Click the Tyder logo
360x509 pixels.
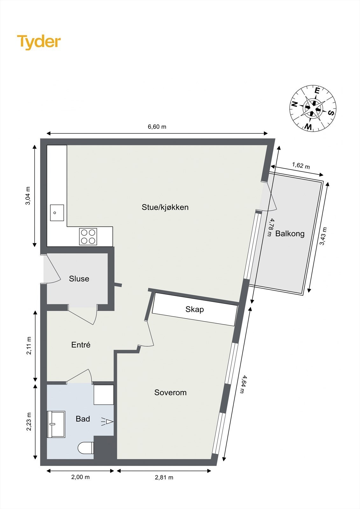point(39,42)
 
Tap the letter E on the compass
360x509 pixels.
point(317,91)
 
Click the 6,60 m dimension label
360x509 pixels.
point(157,127)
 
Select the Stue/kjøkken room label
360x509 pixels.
point(165,207)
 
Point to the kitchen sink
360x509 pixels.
point(57,213)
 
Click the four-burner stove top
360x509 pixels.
point(88,237)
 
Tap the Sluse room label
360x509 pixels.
point(79,279)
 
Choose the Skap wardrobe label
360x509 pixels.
point(194,309)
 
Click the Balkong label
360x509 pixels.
point(290,234)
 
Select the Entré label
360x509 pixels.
point(81,345)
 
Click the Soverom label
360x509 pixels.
point(170,392)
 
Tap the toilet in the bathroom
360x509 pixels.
point(86,448)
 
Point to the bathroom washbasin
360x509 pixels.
point(56,424)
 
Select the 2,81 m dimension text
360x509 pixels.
point(164,477)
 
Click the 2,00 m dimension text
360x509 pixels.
point(80,477)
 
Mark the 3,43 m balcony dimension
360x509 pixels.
point(323,236)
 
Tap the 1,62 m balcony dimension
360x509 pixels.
point(301,165)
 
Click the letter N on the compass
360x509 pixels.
point(294,104)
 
